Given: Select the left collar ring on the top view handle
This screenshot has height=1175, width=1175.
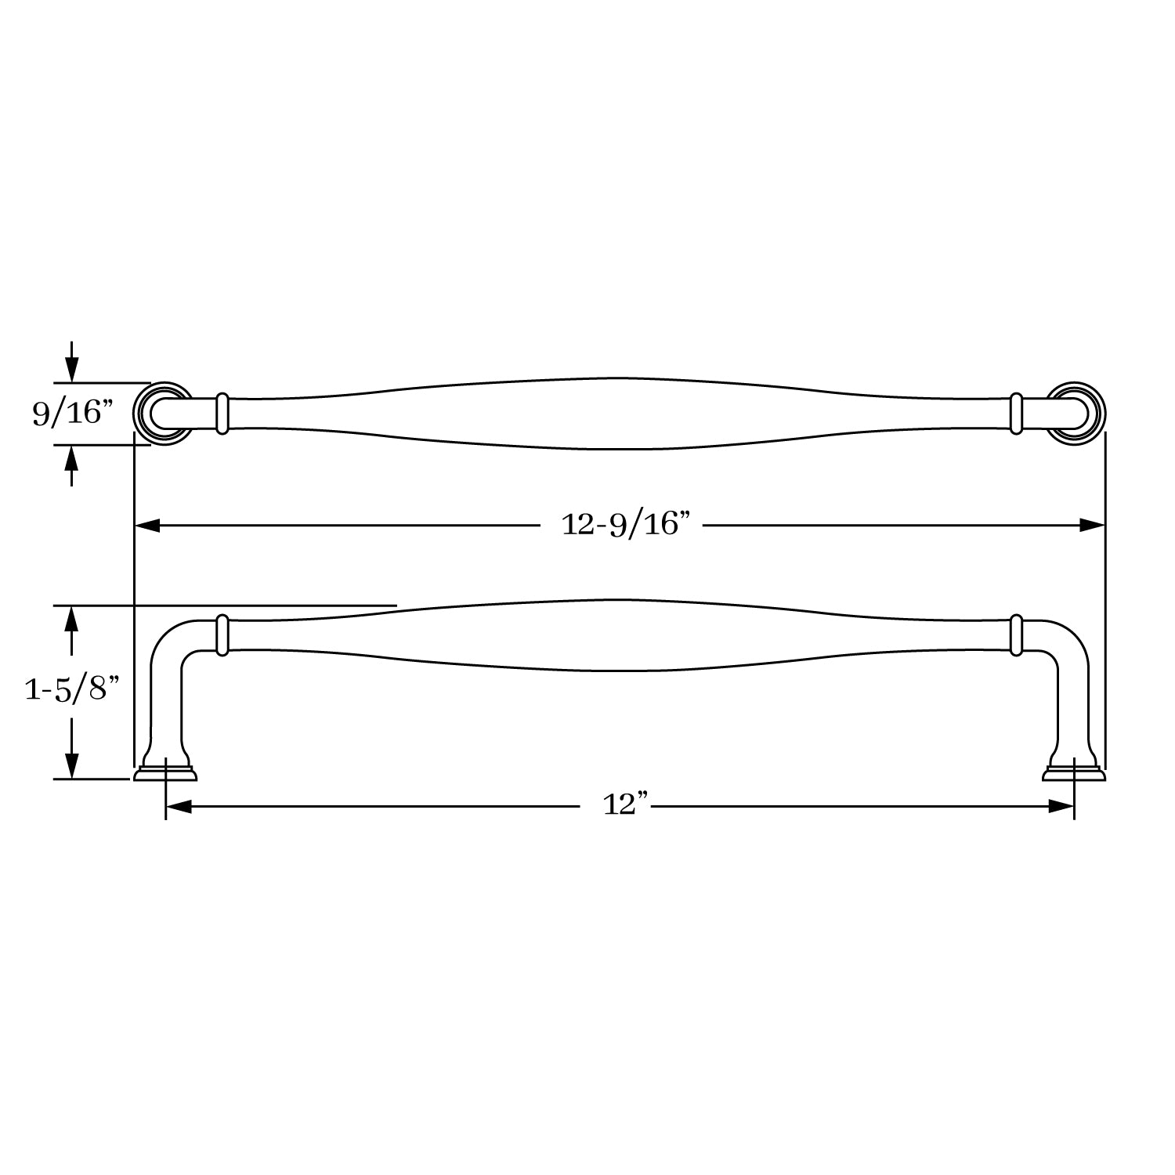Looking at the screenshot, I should pos(222,413).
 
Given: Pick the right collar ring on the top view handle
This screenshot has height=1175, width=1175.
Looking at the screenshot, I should pos(1016,413).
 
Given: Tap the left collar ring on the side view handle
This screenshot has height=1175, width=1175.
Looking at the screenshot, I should pos(222,634).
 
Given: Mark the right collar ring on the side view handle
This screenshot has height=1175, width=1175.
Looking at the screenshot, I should pos(1016,634).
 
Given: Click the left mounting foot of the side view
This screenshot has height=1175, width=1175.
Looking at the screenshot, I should pos(165,772).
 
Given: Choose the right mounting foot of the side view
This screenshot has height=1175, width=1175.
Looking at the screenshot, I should pos(1073,772).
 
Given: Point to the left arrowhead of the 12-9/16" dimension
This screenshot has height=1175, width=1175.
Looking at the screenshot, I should pos(148,525).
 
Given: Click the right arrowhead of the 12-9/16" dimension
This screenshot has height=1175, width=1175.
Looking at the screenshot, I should pos(1092,525).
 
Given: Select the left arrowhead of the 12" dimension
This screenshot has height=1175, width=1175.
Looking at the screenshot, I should pos(179,806).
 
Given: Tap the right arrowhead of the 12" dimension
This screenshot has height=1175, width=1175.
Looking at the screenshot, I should pos(1061,806).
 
